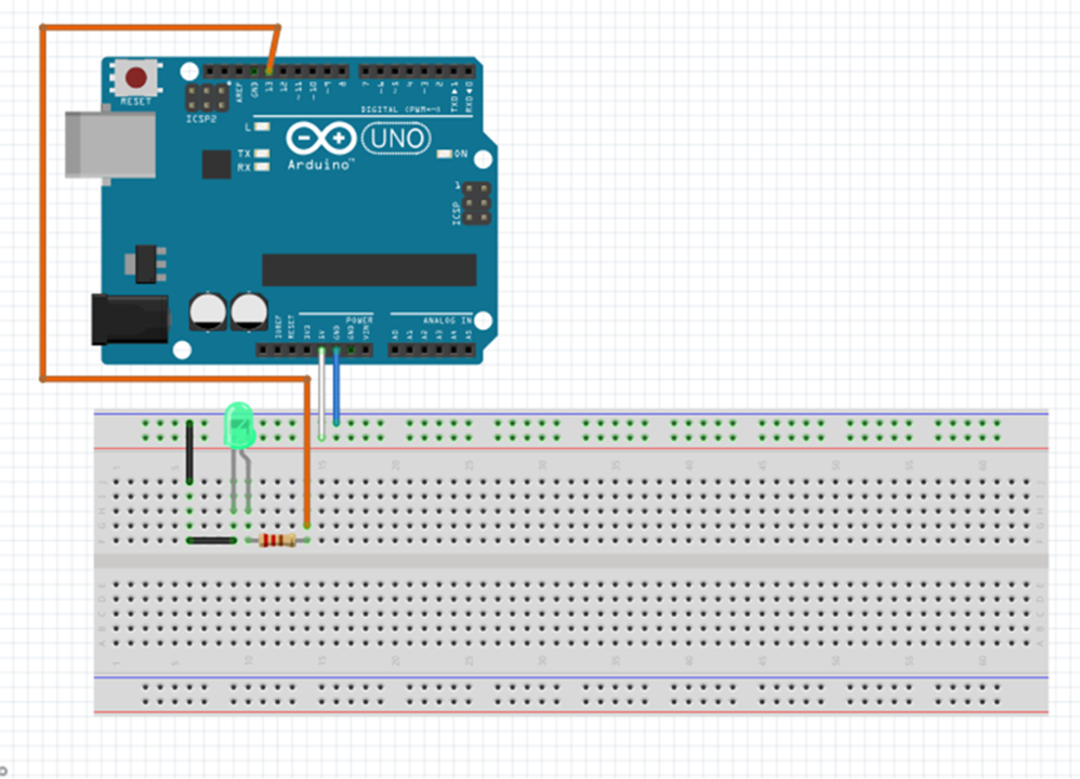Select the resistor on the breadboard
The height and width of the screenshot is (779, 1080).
point(277,541)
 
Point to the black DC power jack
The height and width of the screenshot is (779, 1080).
point(130,319)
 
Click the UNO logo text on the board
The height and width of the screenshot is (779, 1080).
point(396,138)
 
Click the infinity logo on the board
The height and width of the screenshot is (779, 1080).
point(321,138)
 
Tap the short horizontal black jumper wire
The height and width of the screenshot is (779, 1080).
point(211,541)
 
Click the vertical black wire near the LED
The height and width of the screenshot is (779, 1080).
point(190,453)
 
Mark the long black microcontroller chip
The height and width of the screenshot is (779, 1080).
point(369,270)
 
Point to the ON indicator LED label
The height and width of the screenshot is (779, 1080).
point(461,154)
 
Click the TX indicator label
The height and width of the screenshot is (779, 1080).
point(244,153)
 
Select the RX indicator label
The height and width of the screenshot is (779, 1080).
point(244,167)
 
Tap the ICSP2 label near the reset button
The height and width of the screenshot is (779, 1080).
point(200,119)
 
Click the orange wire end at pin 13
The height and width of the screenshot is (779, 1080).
point(269,70)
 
